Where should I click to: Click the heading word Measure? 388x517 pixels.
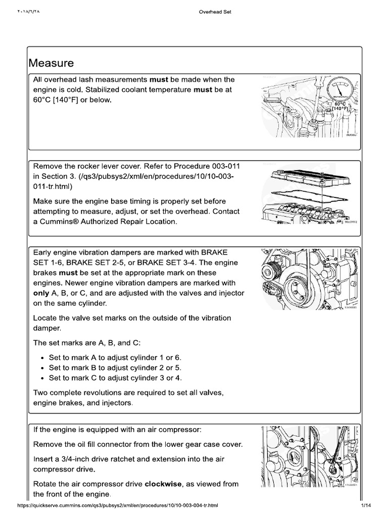pos(52,63)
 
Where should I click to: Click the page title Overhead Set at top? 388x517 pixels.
pos(215,13)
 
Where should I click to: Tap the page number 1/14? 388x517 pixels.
pos(366,505)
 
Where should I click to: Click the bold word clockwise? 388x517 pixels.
pos(164,484)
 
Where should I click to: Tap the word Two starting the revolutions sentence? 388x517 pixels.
pos(41,393)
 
